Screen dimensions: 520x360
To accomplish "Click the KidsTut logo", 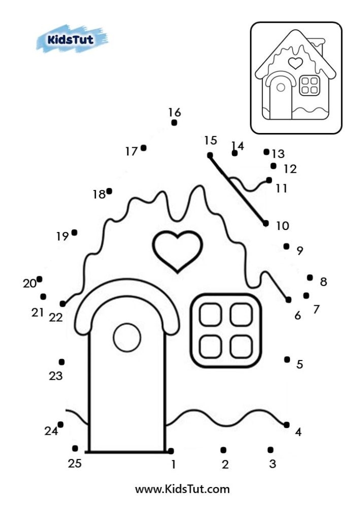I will pyautogui.click(x=72, y=39).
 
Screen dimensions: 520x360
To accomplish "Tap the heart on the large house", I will pyautogui.click(x=177, y=250).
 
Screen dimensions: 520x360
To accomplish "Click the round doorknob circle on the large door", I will pyautogui.click(x=127, y=338).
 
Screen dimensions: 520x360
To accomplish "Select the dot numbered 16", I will pyautogui.click(x=174, y=123).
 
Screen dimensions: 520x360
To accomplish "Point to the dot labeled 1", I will pyautogui.click(x=171, y=451).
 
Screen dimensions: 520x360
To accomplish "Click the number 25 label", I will pyautogui.click(x=74, y=463).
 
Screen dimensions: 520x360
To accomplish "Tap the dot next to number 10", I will pyautogui.click(x=266, y=223).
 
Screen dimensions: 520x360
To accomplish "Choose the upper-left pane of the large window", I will pyautogui.click(x=210, y=315).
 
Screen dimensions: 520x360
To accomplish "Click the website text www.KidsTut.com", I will pyautogui.click(x=182, y=490).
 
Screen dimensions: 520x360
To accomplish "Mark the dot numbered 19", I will pyautogui.click(x=75, y=233).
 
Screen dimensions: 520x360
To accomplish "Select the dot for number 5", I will pyautogui.click(x=287, y=360).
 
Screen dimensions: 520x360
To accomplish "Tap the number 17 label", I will pyautogui.click(x=131, y=151).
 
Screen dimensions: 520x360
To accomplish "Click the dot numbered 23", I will pyautogui.click(x=61, y=362).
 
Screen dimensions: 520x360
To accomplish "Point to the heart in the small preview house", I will pyautogui.click(x=295, y=63).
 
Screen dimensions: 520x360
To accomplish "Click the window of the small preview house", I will pyautogui.click(x=309, y=85).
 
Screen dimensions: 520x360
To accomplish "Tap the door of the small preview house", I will pyautogui.click(x=280, y=96).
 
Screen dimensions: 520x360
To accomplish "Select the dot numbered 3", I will pyautogui.click(x=270, y=450).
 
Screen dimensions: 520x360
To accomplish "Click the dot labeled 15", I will pyautogui.click(x=210, y=155).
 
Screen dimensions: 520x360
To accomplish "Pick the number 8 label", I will pyautogui.click(x=323, y=281).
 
